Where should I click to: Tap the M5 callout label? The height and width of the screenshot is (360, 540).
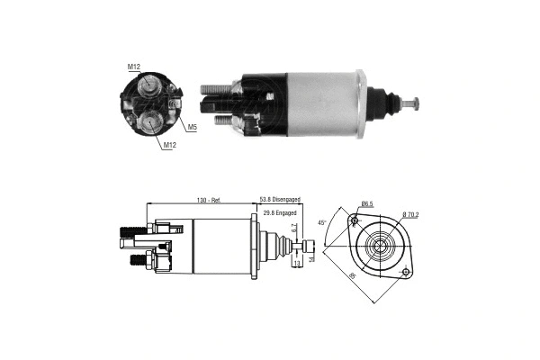point(193,126)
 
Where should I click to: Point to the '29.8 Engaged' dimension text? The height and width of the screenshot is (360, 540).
point(281,212)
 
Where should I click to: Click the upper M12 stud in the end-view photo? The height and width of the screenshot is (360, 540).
point(147,85)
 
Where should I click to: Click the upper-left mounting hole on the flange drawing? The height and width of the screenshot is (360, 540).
point(354,221)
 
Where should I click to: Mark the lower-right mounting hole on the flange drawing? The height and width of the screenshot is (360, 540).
point(407,271)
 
